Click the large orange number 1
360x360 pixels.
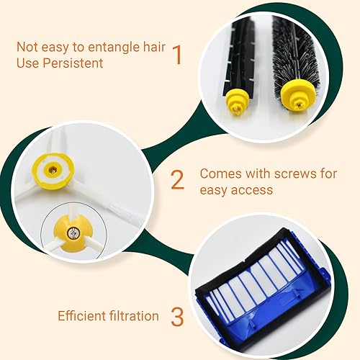pos(177,55)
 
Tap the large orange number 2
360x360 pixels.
pos(178,180)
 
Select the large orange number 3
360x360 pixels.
pos(177,317)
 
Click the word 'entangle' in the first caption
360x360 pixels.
pos(113,48)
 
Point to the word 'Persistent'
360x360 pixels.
pos(73,63)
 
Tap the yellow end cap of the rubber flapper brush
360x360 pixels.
pos(237,102)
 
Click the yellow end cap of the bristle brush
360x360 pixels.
pos(298,96)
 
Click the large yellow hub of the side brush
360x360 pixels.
pos(53,171)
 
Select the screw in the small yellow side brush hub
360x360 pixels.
pos(72,233)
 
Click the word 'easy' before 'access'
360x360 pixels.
pos(214,191)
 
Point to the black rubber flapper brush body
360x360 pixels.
pos(238,55)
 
